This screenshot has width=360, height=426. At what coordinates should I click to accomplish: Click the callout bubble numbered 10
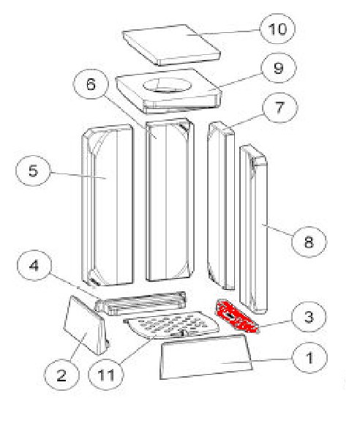coord(277,29)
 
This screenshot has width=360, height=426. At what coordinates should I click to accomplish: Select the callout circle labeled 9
coord(279,68)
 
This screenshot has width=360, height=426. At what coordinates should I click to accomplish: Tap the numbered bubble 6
coord(91,84)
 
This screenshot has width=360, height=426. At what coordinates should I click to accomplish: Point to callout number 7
coord(280,108)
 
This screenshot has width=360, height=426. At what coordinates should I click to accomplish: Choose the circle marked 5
coord(34,171)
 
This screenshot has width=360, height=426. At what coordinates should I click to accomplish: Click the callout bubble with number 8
coord(309,242)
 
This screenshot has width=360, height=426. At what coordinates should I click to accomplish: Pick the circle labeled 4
coord(34,265)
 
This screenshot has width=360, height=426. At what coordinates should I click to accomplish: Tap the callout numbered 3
coord(309,316)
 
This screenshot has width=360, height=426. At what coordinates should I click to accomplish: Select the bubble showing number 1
coord(310,358)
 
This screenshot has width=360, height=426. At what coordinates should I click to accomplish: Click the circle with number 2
coord(61,375)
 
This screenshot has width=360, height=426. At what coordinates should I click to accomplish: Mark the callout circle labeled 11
coord(106,375)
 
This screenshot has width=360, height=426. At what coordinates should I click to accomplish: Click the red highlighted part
coord(236,316)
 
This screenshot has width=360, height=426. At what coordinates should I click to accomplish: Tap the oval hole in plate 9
coord(168,85)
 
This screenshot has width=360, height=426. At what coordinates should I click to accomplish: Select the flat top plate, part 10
coord(171,45)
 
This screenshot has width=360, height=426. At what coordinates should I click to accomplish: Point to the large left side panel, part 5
coord(108,205)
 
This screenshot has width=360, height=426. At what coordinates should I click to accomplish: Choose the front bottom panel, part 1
coord(206,356)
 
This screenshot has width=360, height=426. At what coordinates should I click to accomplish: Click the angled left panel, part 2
coord(85,325)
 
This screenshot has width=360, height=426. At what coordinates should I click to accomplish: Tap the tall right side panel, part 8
coord(254,229)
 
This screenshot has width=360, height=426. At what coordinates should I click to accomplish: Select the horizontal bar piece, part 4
coord(141,304)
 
